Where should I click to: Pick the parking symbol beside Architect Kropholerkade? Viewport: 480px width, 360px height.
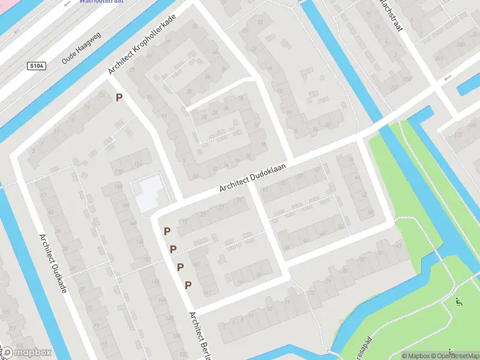(x=119, y=97)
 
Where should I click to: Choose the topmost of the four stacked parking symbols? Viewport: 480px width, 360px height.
(x=167, y=231)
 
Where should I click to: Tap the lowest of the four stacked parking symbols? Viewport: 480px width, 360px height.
(x=188, y=284)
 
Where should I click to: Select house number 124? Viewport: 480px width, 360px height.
(x=139, y=164)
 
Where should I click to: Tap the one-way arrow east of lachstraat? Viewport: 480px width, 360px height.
(x=446, y=78)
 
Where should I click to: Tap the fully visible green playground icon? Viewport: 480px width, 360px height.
(x=459, y=302)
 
